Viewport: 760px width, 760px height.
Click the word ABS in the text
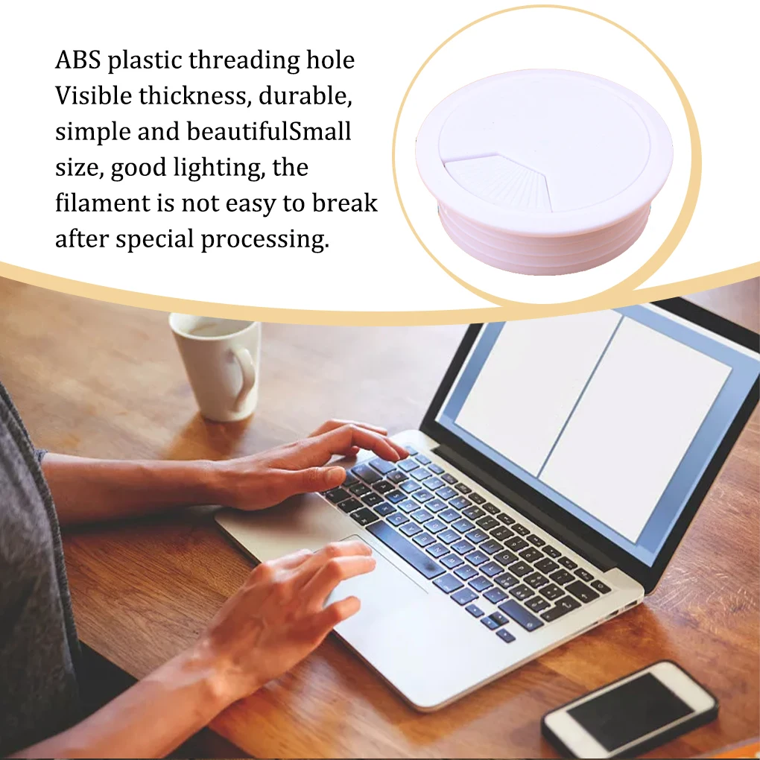pyautogui.click(x=78, y=60)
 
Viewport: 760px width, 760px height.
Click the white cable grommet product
pyautogui.click(x=544, y=171)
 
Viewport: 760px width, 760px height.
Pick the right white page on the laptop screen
pyautogui.click(x=633, y=425)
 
